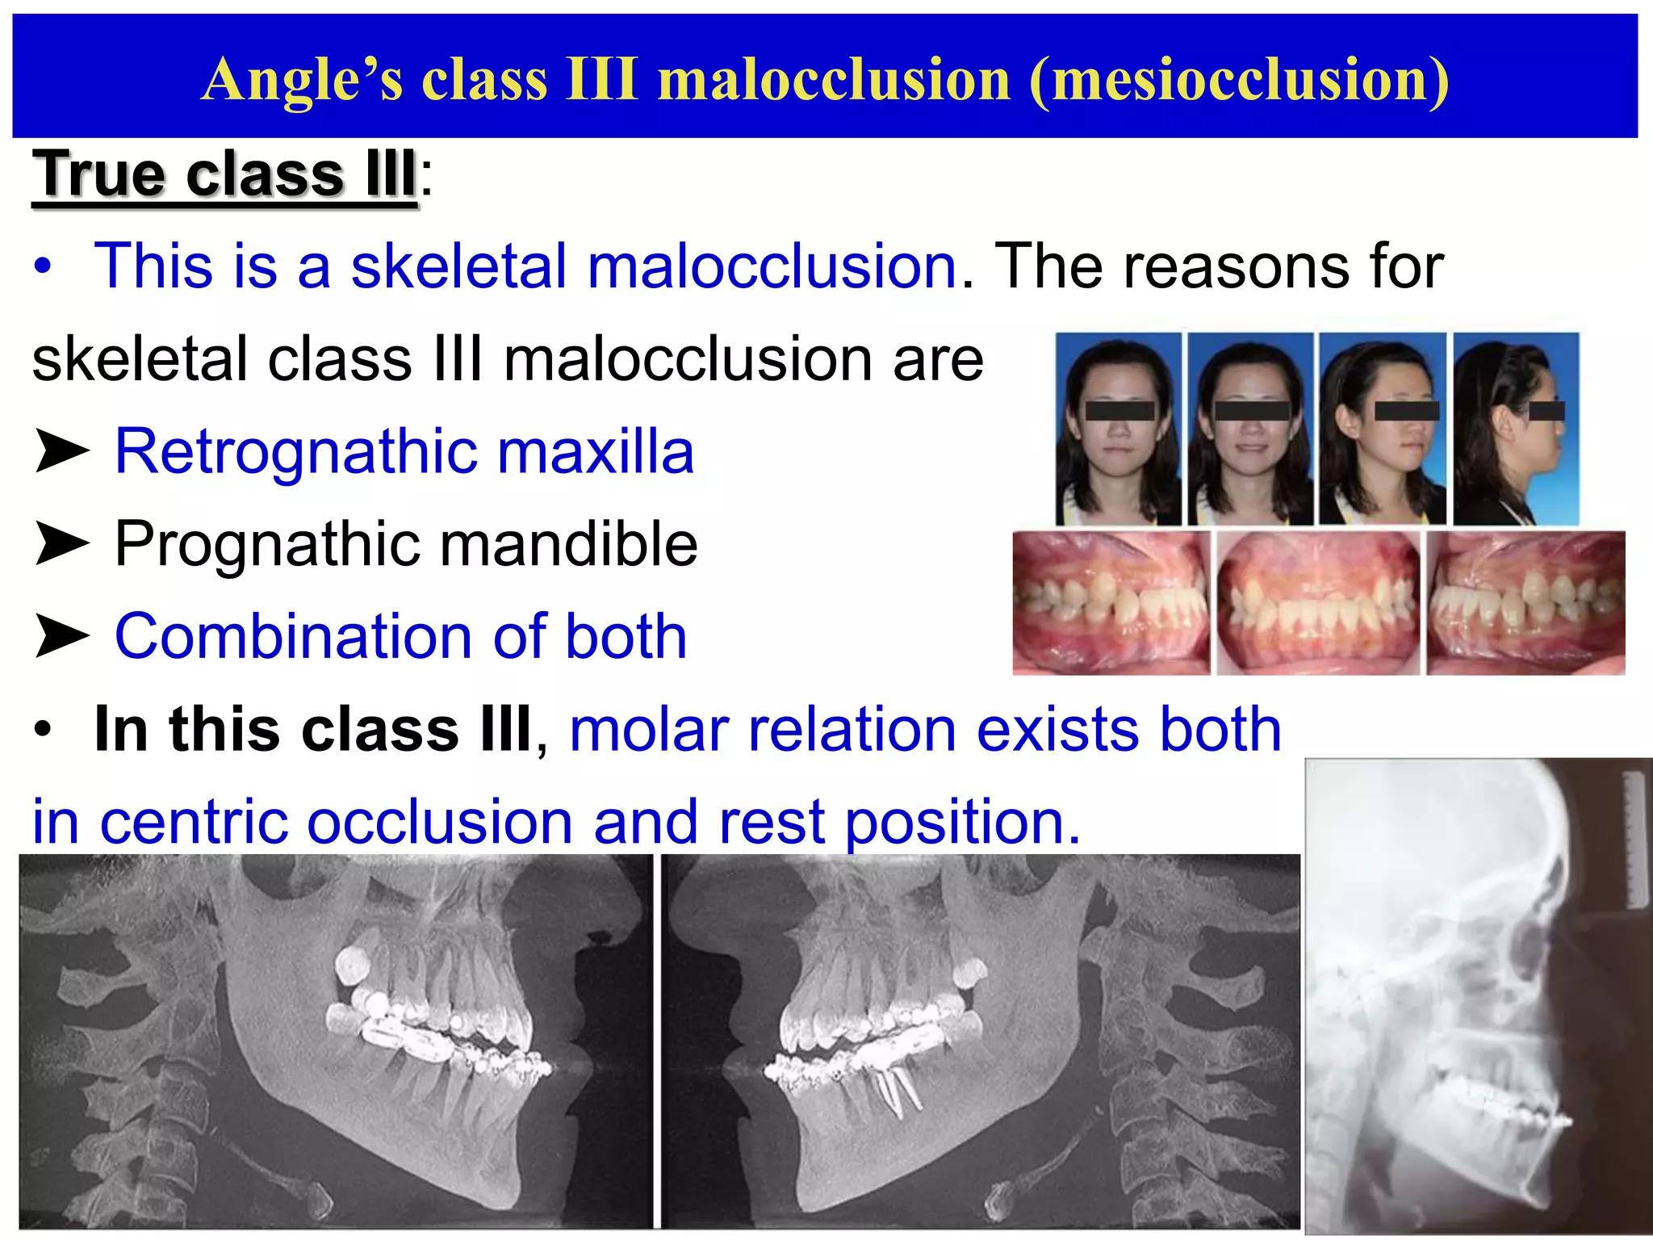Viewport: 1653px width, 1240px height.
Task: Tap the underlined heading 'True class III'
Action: tap(225, 174)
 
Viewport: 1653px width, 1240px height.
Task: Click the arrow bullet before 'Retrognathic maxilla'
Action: tap(61, 452)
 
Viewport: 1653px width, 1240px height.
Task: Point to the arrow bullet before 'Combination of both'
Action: tap(61, 637)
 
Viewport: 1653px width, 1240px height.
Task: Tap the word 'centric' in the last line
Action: tap(194, 822)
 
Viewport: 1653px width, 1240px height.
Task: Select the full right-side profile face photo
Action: tap(1516, 428)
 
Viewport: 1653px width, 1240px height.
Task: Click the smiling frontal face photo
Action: tap(1250, 428)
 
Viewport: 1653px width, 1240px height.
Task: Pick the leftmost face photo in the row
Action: tap(1118, 428)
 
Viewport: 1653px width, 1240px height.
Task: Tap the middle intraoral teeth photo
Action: tap(1318, 602)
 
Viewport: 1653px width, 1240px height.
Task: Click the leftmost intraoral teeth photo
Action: tap(1111, 602)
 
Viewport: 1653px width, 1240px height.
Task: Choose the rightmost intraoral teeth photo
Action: tap(1525, 602)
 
